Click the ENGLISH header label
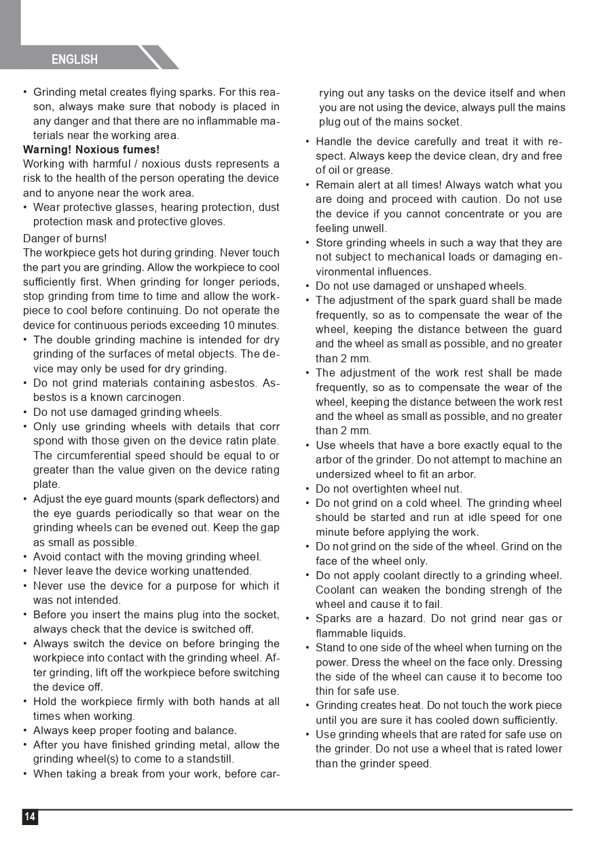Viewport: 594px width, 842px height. [75, 60]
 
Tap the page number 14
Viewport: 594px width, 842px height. [30, 817]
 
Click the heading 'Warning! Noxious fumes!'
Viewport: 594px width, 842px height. [92, 149]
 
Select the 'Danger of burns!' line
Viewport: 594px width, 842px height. [65, 239]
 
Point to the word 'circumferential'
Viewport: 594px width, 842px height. [96, 455]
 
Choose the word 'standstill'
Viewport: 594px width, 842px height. [208, 759]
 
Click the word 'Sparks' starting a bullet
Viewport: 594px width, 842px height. [332, 619]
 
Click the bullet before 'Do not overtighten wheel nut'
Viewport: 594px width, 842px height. [308, 489]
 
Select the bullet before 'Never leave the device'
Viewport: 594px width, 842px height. [25, 571]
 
